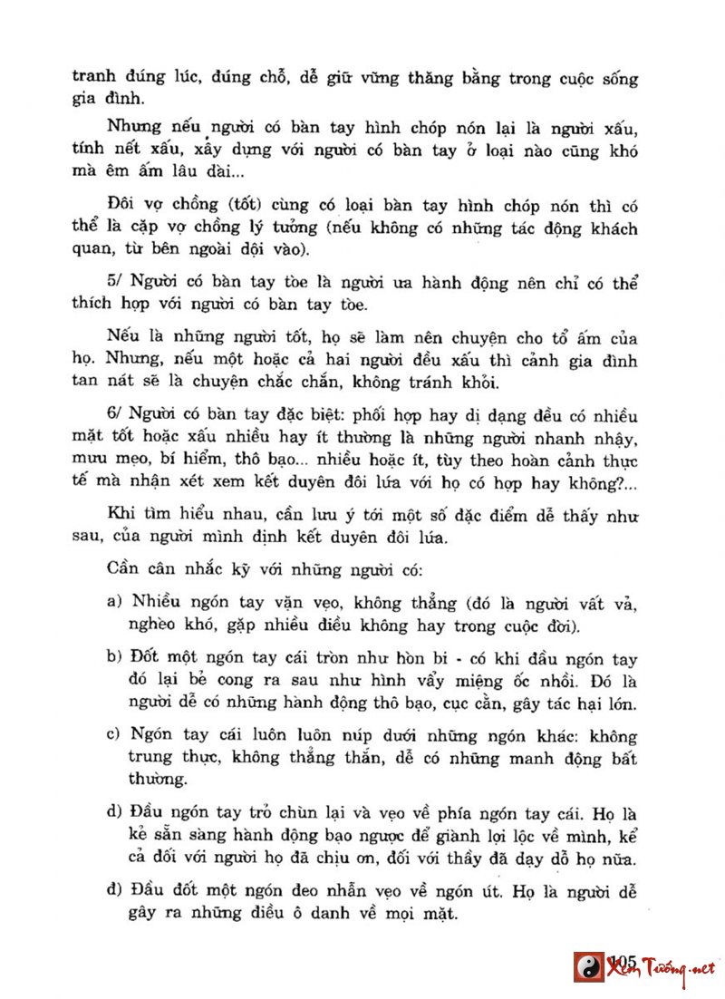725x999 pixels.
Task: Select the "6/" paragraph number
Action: pos(115,416)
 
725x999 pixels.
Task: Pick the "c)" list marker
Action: pos(114,735)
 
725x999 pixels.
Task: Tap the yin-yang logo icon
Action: pos(589,967)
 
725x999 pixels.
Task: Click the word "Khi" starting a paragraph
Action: pos(120,515)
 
